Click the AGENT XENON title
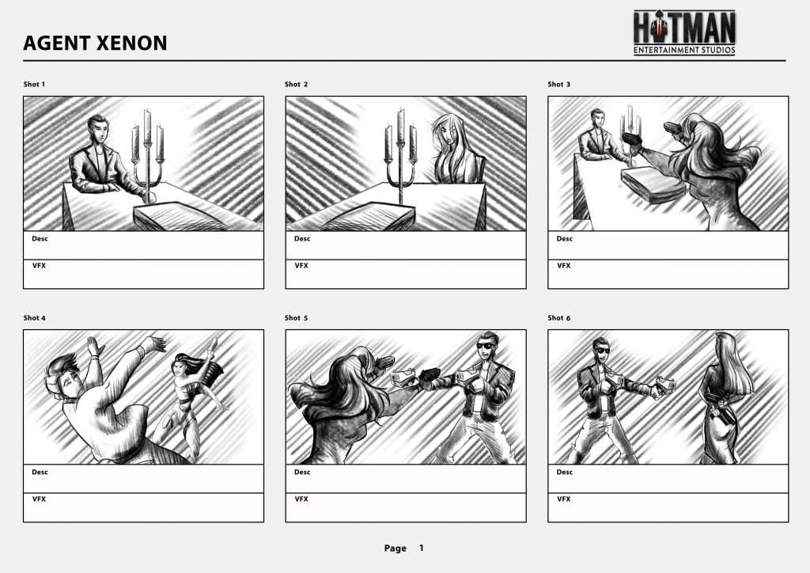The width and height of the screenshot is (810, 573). click(x=95, y=43)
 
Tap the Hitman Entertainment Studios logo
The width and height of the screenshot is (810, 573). click(x=684, y=32)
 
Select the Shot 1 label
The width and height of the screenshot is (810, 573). click(x=34, y=84)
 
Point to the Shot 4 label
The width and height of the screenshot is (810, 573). click(x=34, y=317)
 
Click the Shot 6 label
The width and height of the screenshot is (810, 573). click(x=559, y=317)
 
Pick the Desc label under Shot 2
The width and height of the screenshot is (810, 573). click(x=302, y=239)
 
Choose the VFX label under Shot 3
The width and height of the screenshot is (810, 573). click(x=563, y=266)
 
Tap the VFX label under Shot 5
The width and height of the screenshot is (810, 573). click(x=301, y=499)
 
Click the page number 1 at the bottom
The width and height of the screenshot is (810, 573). click(x=422, y=548)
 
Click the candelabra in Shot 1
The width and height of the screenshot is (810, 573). click(x=148, y=155)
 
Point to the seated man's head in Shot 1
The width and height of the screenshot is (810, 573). click(x=97, y=128)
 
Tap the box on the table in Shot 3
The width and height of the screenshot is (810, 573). click(x=653, y=184)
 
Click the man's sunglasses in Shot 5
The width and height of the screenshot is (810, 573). click(x=485, y=346)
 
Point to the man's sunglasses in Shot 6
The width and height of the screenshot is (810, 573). click(x=602, y=351)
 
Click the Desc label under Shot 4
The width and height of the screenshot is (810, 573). click(x=40, y=472)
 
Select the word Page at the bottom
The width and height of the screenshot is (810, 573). click(x=396, y=548)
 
